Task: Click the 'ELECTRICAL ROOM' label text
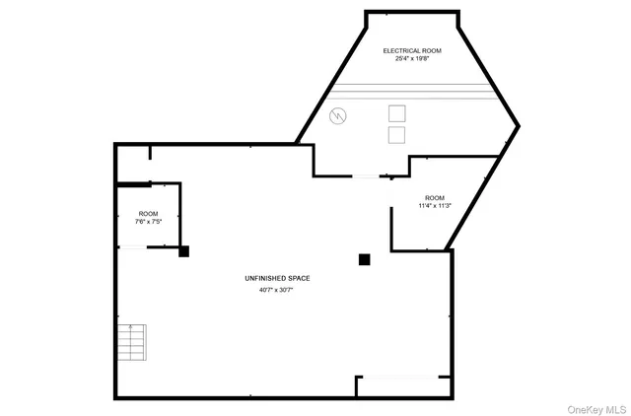tap(412, 50)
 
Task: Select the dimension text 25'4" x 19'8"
tap(412, 59)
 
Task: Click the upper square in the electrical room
tap(396, 112)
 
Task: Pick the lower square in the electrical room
tap(396, 134)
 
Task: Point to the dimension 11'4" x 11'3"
tap(435, 206)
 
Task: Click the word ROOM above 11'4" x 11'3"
tap(435, 197)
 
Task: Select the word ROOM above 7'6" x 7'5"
tap(148, 214)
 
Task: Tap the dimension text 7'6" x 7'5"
tap(148, 222)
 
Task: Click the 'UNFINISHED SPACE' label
tap(276, 279)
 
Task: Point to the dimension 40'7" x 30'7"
tap(276, 291)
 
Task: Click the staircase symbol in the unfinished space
tap(130, 343)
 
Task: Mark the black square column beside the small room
tap(183, 252)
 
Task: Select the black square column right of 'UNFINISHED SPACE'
tap(364, 259)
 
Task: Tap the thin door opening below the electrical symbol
tap(366, 176)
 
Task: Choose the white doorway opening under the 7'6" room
tap(132, 247)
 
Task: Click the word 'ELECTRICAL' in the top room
tap(401, 50)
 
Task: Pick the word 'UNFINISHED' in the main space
tap(263, 279)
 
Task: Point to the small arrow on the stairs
tap(131, 327)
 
